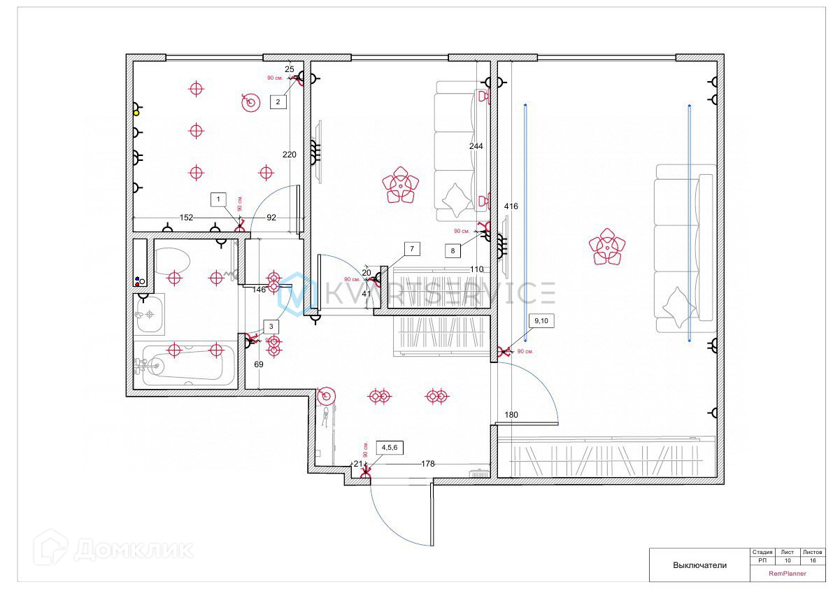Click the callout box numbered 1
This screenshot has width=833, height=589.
pos(219,199)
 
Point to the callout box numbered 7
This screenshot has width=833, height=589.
pos(412,248)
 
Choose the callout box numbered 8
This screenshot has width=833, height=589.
pos(453,250)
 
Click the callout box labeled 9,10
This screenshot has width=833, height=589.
pos(541,321)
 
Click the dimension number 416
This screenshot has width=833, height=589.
pos(511,206)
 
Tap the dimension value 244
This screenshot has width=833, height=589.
pos(476,146)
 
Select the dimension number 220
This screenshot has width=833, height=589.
pos(290,155)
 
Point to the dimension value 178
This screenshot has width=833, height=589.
pos(428,464)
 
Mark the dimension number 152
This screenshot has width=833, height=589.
pos(186,218)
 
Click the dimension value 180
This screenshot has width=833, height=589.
pos(511,415)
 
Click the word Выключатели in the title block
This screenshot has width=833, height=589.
pos(699,565)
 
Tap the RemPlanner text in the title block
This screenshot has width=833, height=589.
pos(788,574)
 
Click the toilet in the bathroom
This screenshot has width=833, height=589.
pos(171,262)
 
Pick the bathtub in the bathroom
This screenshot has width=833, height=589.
pos(184,364)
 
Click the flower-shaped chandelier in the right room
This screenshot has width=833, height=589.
pos(606,247)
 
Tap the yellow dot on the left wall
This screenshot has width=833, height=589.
pos(136,113)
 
